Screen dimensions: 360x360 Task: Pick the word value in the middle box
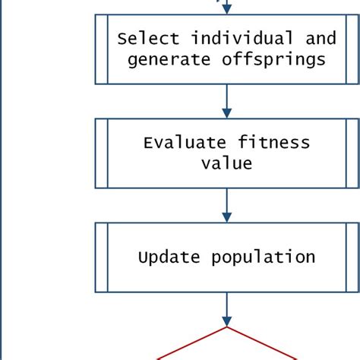226,163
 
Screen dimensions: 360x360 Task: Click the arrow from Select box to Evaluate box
226,100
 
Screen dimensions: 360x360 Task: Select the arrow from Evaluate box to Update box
226,205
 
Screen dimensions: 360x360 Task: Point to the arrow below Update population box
226,310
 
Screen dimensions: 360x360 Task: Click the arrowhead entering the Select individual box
226,8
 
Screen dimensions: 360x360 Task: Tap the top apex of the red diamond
226,327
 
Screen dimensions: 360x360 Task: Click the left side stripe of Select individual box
102,49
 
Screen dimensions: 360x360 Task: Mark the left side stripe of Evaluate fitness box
102,153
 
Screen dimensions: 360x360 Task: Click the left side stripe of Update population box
102,257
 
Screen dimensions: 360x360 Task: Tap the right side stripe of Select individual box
352,49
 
